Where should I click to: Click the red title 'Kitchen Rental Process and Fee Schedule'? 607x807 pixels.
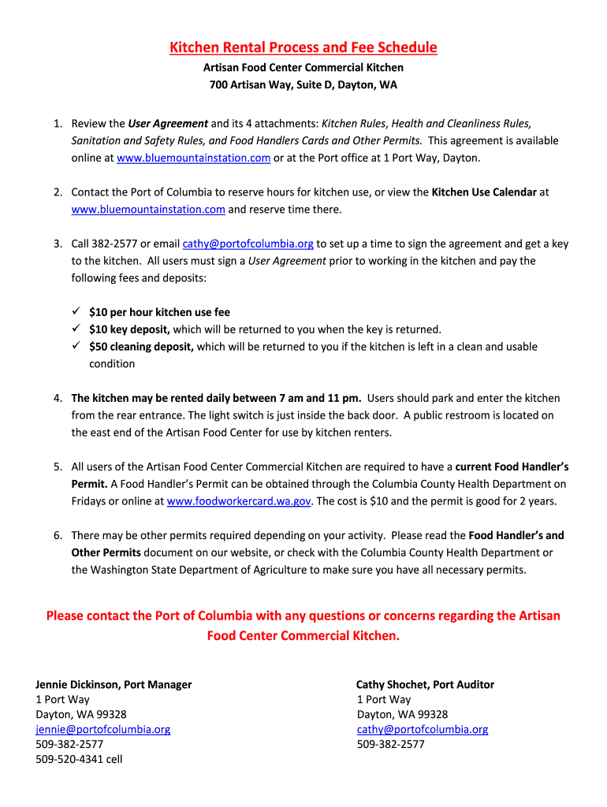point(303,48)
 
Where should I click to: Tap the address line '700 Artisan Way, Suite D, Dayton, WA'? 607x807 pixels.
point(303,85)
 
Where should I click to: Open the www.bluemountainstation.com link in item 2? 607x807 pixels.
point(148,210)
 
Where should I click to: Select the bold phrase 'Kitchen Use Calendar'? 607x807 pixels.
point(484,192)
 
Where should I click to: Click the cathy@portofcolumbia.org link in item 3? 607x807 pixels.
point(248,244)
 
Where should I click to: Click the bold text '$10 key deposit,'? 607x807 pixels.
point(129,329)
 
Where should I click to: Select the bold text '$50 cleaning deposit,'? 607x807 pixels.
point(141,347)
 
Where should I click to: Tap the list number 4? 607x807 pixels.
point(58,398)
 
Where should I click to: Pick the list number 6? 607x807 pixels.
point(58,536)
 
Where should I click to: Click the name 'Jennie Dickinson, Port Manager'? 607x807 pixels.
point(114,685)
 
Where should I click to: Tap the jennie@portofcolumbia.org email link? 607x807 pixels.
point(102,730)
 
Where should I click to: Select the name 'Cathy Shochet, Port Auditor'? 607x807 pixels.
point(425,685)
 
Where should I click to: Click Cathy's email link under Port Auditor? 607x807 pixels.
point(422,730)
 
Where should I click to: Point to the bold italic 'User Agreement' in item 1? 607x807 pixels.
point(168,124)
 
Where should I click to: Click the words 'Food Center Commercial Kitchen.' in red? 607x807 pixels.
point(303,635)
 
